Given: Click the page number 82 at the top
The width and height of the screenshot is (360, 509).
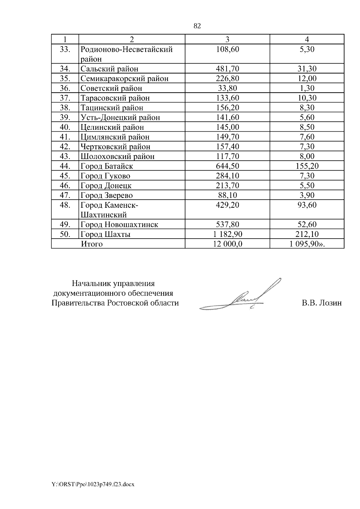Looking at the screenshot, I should [197, 26].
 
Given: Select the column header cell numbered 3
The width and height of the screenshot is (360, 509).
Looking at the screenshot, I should [227, 39].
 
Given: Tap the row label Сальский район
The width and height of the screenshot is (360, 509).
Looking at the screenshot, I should [109, 69].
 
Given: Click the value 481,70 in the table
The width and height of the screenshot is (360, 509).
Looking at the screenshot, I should [227, 69].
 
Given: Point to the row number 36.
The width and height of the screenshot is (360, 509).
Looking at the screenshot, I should [65, 88].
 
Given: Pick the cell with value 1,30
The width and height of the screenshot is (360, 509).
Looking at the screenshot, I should [307, 88].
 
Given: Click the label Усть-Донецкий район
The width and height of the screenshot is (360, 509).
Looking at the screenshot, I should [120, 118].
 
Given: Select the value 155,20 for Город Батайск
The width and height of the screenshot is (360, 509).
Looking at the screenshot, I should [307, 166].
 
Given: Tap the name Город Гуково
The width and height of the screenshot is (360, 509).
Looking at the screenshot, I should [105, 176].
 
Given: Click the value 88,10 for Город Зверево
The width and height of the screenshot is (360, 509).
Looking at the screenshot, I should [227, 195].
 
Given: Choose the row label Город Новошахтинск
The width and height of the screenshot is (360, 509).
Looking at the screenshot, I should [119, 225].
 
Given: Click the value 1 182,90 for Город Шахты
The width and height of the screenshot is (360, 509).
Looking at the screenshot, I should [227, 234].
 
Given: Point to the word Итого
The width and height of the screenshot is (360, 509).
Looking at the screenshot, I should [92, 244].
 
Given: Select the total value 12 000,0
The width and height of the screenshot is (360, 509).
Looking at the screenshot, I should [227, 244].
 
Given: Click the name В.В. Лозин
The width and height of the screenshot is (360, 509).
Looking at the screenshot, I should [322, 303].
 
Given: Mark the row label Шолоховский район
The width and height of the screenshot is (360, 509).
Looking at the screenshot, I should [117, 156].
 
